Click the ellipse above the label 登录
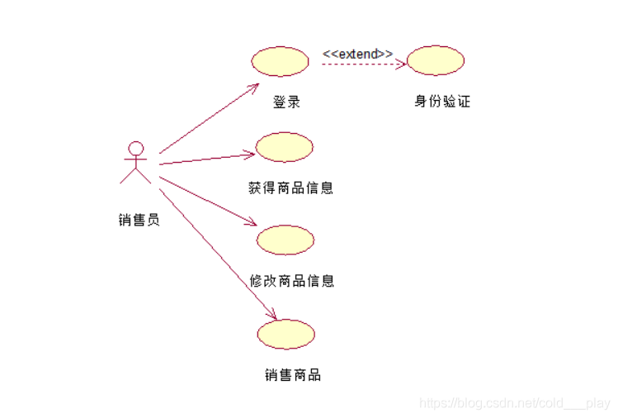pos(279,60)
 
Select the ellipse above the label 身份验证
pos(436,60)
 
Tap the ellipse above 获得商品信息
pos(285,147)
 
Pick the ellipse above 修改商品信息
pos(285,240)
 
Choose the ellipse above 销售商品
pos(286,334)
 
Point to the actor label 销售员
pos(139,220)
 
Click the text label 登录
pos(286,102)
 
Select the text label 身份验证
pos(442,102)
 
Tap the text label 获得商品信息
pos(290,188)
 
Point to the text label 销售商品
pos(293,375)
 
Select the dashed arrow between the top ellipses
pos(363,63)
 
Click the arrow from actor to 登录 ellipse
pos(209,119)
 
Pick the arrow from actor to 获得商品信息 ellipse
pos(206,159)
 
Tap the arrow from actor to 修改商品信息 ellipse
pos(206,200)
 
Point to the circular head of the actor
pos(135,149)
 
